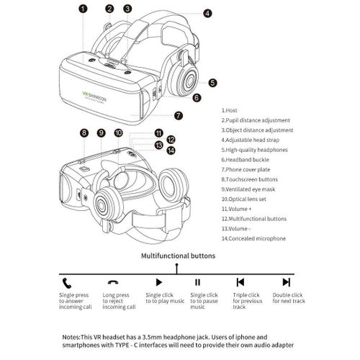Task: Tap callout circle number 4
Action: tap(207, 13)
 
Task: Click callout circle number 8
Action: tap(84, 132)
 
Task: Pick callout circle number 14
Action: tap(171, 150)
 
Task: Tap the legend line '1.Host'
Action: tap(232, 110)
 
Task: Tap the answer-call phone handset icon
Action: tap(67, 282)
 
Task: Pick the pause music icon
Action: tap(198, 282)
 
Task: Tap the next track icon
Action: tap(286, 282)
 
